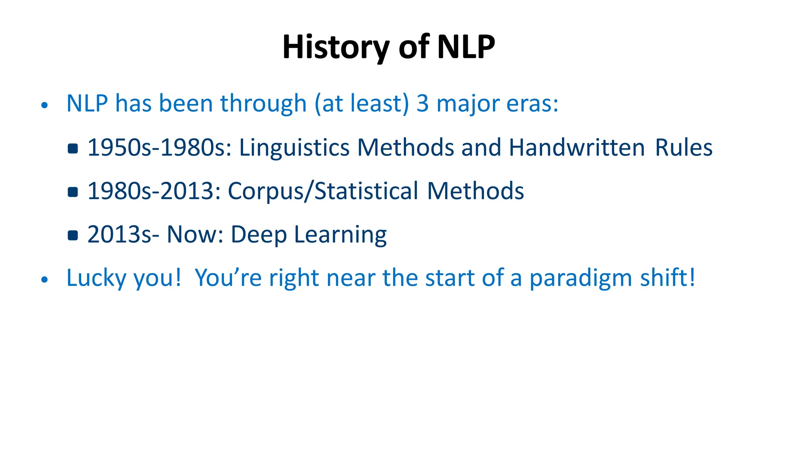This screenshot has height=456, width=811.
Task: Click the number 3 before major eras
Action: tap(423, 104)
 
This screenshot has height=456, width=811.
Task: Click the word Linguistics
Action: tap(294, 148)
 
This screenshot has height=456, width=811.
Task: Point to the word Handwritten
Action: tap(577, 148)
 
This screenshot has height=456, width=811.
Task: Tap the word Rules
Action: tap(683, 148)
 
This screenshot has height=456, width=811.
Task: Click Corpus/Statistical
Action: tap(323, 191)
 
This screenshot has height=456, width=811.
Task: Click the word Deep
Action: tap(259, 235)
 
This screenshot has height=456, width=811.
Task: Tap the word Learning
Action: tap(340, 235)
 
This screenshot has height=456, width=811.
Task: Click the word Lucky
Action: tap(96, 278)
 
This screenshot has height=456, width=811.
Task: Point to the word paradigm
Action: tap(581, 278)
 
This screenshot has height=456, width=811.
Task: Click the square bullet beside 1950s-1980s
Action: tap(73, 148)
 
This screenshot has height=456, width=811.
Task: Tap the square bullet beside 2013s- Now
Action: tap(73, 236)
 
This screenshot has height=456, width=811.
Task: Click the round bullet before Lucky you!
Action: tap(44, 279)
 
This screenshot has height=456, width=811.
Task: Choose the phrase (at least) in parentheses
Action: tap(362, 104)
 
